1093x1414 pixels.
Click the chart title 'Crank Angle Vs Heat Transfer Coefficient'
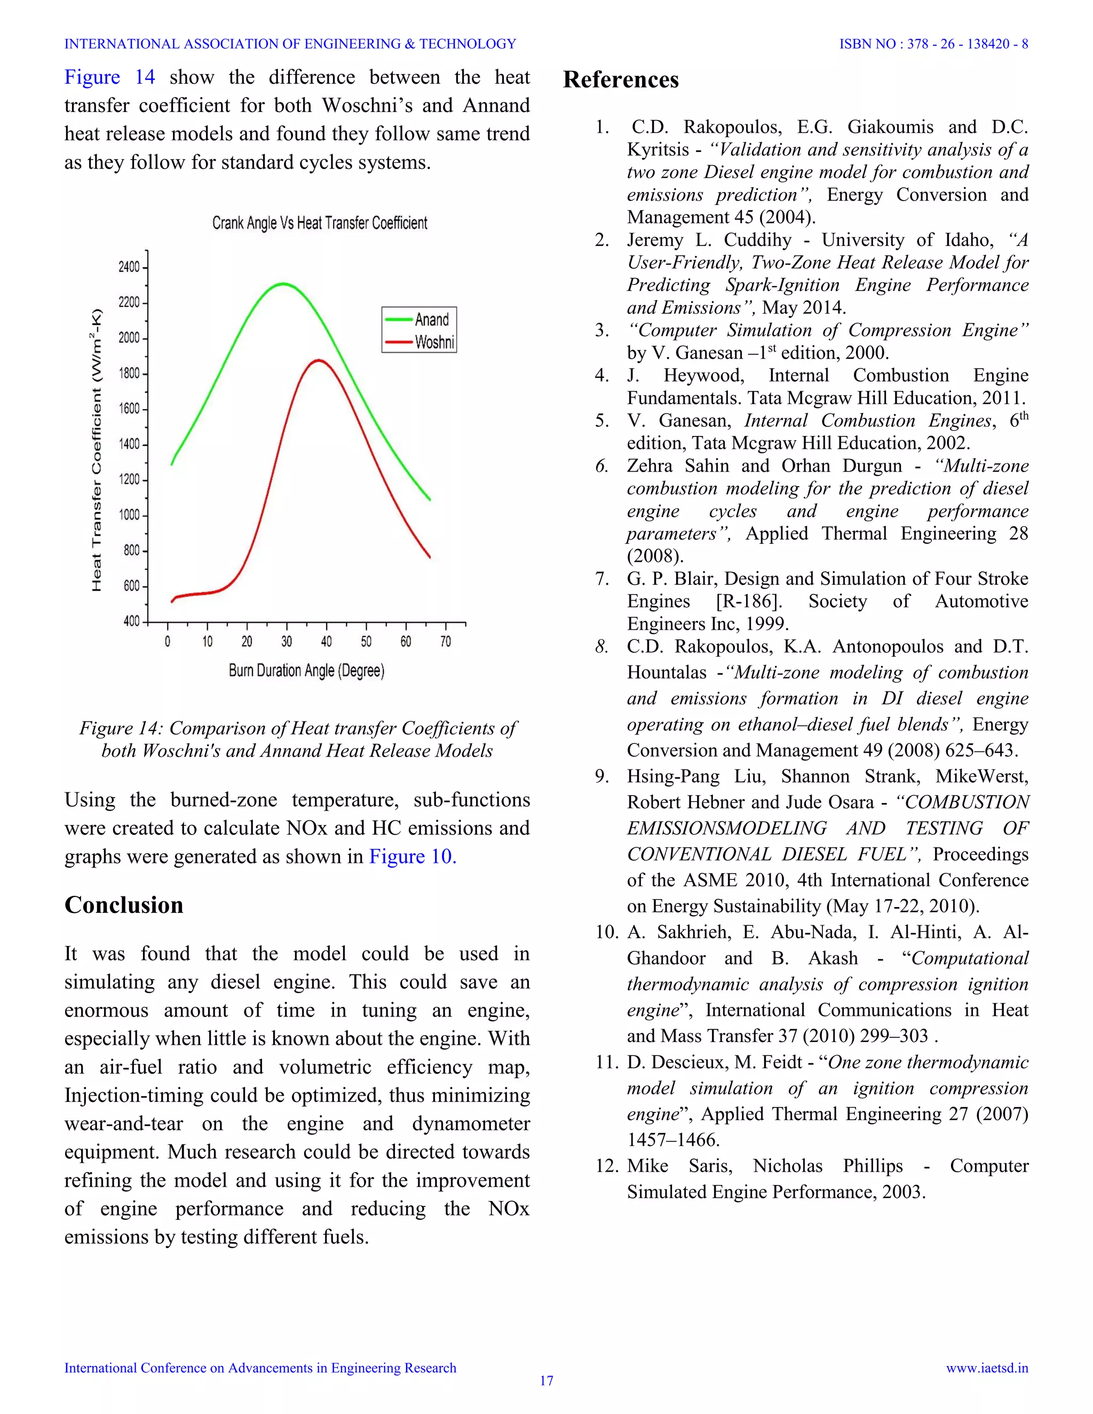point(320,224)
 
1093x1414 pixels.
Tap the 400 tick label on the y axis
point(131,622)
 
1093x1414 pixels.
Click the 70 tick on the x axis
point(446,641)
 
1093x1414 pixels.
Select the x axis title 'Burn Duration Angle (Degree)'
point(306,671)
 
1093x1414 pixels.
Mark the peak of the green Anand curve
point(282,283)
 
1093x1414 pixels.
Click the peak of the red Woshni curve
point(318,361)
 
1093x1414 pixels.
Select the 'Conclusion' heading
point(124,904)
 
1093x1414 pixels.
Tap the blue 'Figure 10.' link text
point(413,856)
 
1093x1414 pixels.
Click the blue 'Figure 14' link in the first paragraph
point(109,77)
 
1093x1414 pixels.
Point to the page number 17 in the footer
point(546,1380)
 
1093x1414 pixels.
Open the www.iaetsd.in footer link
point(987,1368)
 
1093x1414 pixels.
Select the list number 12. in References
point(607,1166)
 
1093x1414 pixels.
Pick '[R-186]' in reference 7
point(749,601)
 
